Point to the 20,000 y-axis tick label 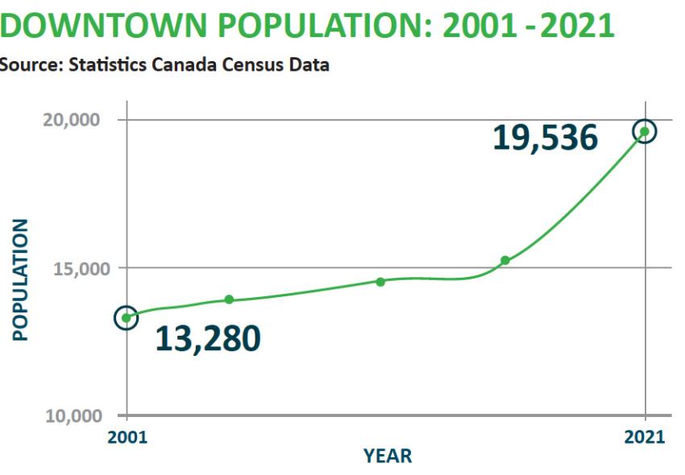coord(73,119)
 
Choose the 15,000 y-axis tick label coord(73,267)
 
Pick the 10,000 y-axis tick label coord(73,415)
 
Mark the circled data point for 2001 coord(126,318)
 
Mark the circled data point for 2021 coord(645,131)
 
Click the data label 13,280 coord(207,339)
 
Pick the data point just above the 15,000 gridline coord(505,260)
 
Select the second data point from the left coord(229,299)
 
